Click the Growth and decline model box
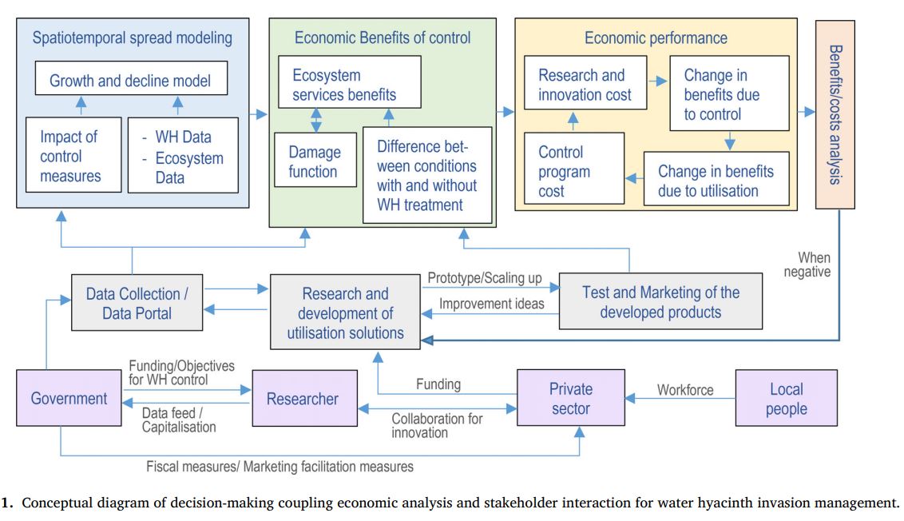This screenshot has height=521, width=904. coord(130,80)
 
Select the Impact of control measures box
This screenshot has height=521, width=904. coord(72,155)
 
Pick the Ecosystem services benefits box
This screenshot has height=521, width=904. coord(345,86)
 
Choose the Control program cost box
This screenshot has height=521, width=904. coord(564,171)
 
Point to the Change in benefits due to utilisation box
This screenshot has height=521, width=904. coord(716,181)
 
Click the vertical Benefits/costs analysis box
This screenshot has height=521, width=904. coord(835,114)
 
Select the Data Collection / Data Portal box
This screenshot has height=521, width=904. coord(137,303)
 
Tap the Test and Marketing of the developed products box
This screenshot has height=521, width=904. coord(660,302)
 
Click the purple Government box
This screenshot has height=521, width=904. coord(69,399)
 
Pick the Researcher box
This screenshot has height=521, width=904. coord(303,398)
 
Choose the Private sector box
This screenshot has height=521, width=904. coord(570,398)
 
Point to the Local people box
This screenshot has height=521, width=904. coord(786,398)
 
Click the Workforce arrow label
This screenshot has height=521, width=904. coord(684,390)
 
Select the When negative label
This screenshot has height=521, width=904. coord(814,264)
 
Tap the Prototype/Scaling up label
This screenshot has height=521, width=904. coord(485,278)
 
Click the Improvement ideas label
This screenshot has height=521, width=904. coord(492,304)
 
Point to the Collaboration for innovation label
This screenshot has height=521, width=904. coord(437,425)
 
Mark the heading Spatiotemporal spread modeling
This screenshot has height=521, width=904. coord(132,38)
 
